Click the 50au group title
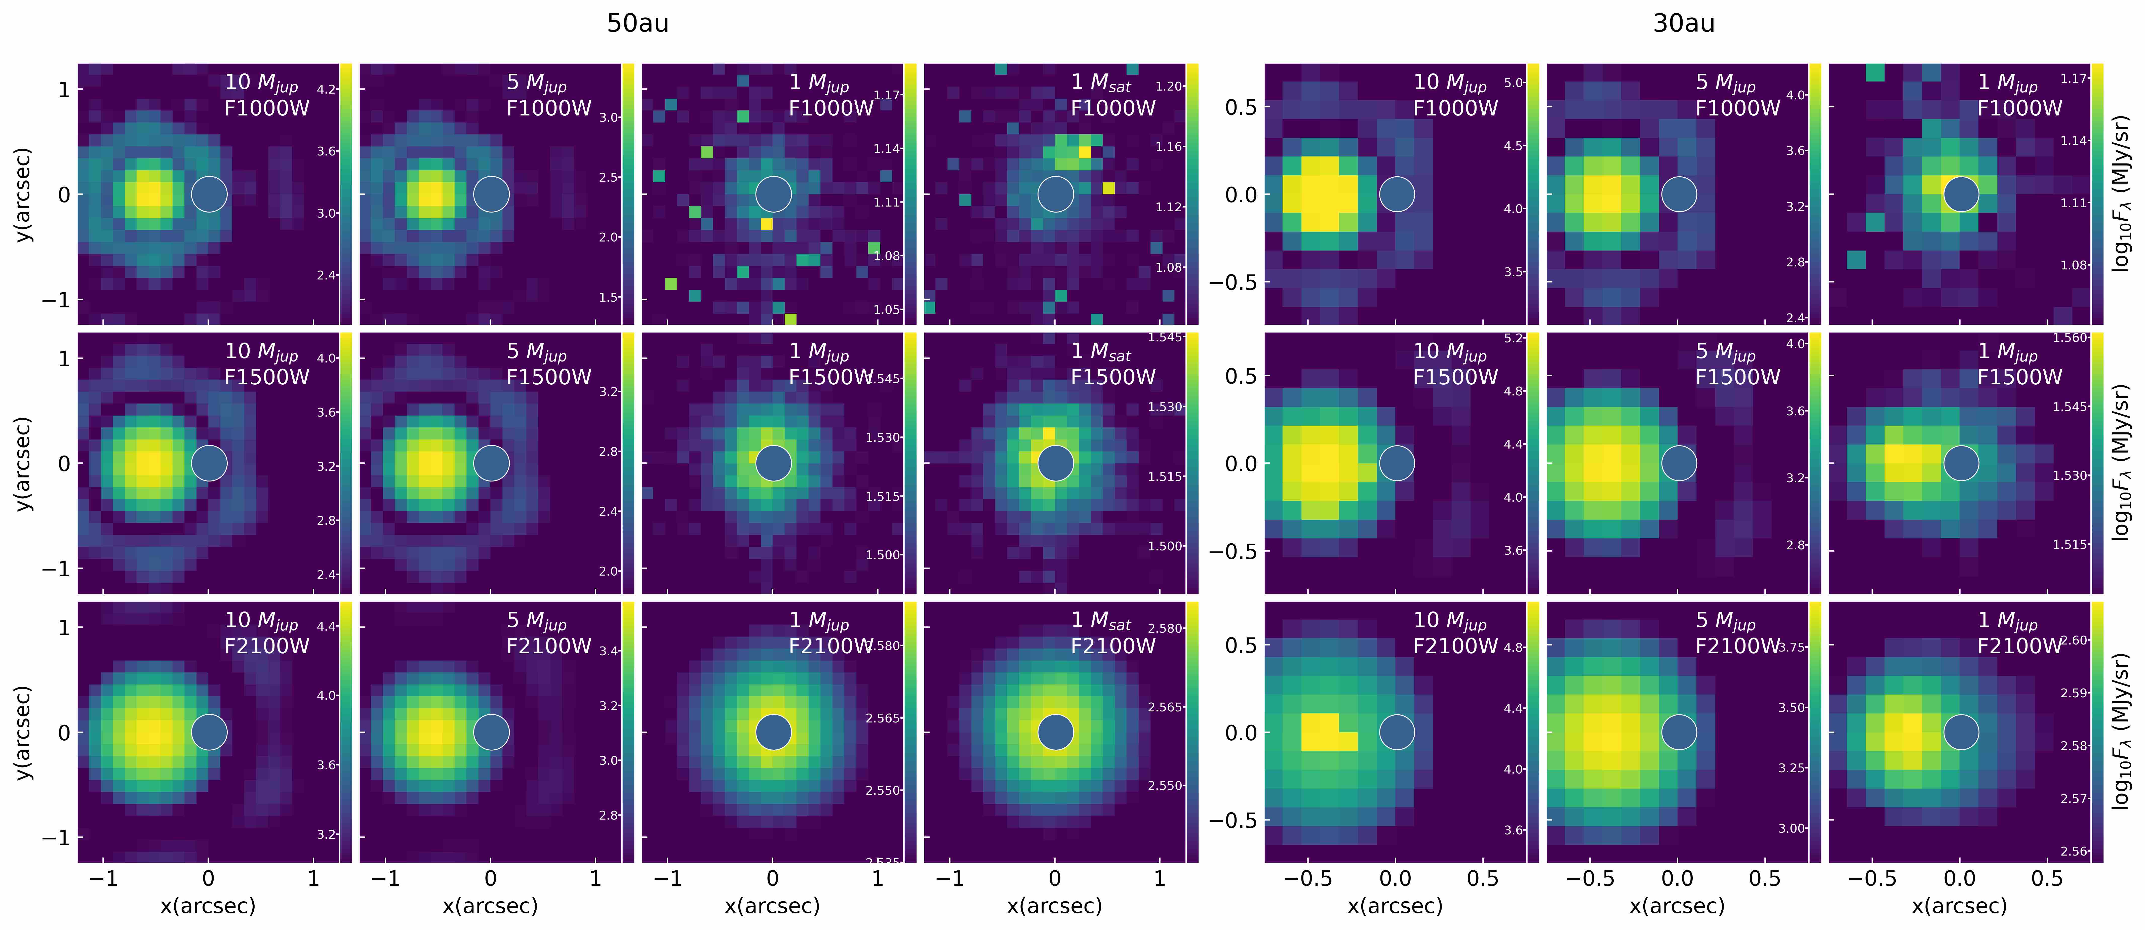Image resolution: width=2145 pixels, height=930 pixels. click(637, 23)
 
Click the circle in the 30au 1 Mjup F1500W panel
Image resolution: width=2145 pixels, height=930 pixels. click(1961, 463)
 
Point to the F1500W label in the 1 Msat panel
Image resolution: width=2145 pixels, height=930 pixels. click(1113, 377)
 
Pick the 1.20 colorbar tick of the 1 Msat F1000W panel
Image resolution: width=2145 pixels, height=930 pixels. click(1169, 86)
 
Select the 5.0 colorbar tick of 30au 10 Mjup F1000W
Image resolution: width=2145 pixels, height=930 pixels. click(1514, 83)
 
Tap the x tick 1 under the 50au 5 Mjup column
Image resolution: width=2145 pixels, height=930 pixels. click(595, 878)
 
